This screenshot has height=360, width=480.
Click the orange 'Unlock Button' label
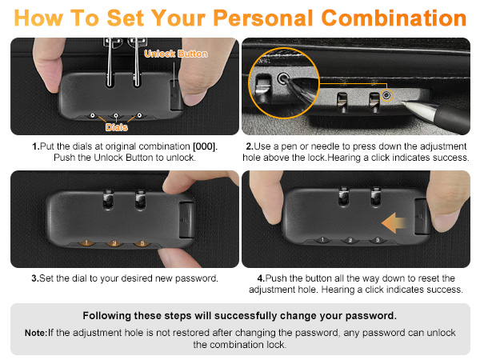click(x=175, y=54)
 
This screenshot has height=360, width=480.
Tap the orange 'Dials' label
click(x=118, y=126)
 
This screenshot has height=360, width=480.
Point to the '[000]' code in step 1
click(x=204, y=146)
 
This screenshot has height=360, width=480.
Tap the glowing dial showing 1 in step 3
click(x=86, y=242)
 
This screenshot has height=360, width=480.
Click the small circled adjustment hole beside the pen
click(x=387, y=95)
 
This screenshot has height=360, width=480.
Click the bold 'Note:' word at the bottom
click(x=36, y=332)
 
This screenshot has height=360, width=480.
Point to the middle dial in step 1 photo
click(x=117, y=115)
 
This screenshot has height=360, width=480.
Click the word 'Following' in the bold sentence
click(x=108, y=315)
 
